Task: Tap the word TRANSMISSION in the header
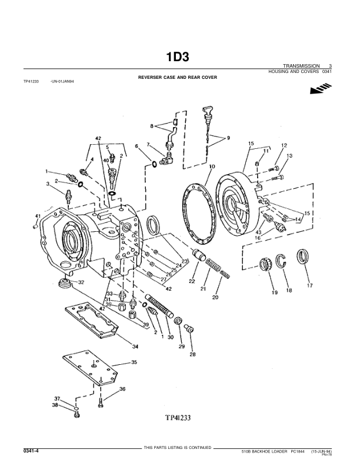tap(301, 65)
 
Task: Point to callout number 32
tap(81, 282)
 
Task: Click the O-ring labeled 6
tap(154, 164)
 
